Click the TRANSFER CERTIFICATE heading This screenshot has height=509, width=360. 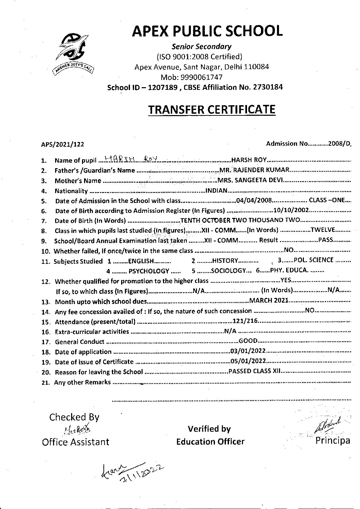[x=211, y=110]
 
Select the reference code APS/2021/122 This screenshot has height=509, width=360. [x=63, y=144]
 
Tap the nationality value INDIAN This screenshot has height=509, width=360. [x=217, y=191]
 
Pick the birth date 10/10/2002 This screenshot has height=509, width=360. [x=287, y=210]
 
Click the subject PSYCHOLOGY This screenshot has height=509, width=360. [x=149, y=271]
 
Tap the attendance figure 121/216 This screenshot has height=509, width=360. [x=245, y=321]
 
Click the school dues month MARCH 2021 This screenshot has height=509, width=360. [x=269, y=301]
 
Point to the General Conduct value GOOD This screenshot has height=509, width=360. [x=248, y=341]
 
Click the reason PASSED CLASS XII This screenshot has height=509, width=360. [x=255, y=371]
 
